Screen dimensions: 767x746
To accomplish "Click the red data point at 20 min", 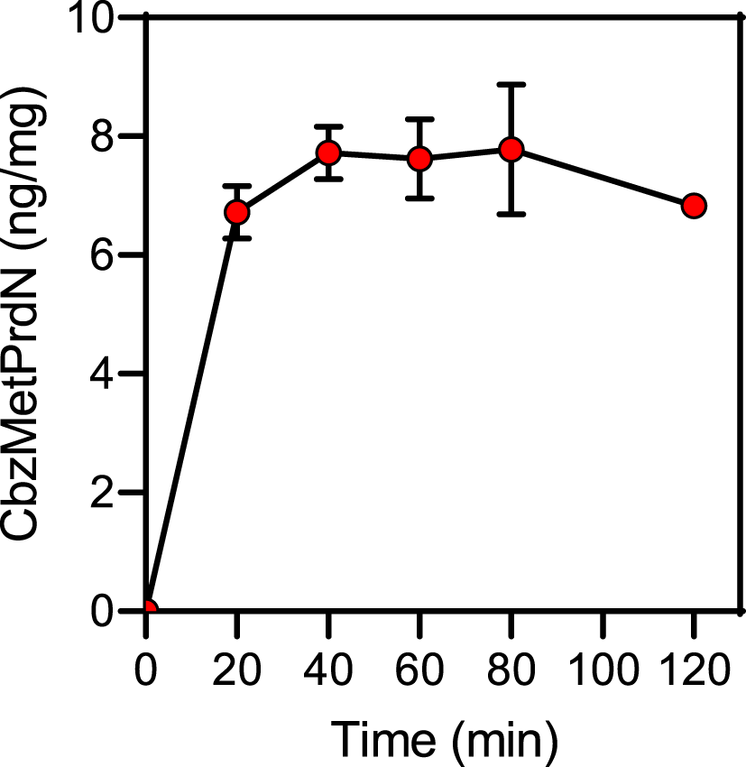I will (237, 212).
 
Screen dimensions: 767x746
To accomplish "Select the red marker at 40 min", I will (328, 152).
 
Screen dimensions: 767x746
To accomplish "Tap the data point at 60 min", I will (419, 159).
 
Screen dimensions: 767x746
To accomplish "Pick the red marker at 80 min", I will (511, 149).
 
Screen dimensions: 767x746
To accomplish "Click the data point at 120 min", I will (694, 206).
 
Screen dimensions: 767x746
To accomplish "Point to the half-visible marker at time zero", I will (150, 608).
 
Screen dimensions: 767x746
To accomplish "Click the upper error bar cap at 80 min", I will (511, 85).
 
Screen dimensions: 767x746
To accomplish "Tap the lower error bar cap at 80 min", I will (511, 214).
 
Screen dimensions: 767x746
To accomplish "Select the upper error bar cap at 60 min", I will (419, 119).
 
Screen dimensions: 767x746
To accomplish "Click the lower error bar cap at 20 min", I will (237, 238).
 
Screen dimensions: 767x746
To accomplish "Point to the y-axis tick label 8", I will (112, 137).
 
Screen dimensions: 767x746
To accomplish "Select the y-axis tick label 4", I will (112, 374).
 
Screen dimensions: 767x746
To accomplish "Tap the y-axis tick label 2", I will (112, 493).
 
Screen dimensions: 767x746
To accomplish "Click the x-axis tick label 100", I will (603, 671).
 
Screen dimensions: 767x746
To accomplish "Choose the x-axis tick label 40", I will (328, 671).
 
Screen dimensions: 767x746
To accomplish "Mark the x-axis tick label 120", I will (694, 671).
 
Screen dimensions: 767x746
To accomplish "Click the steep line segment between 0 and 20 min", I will (193, 411).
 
